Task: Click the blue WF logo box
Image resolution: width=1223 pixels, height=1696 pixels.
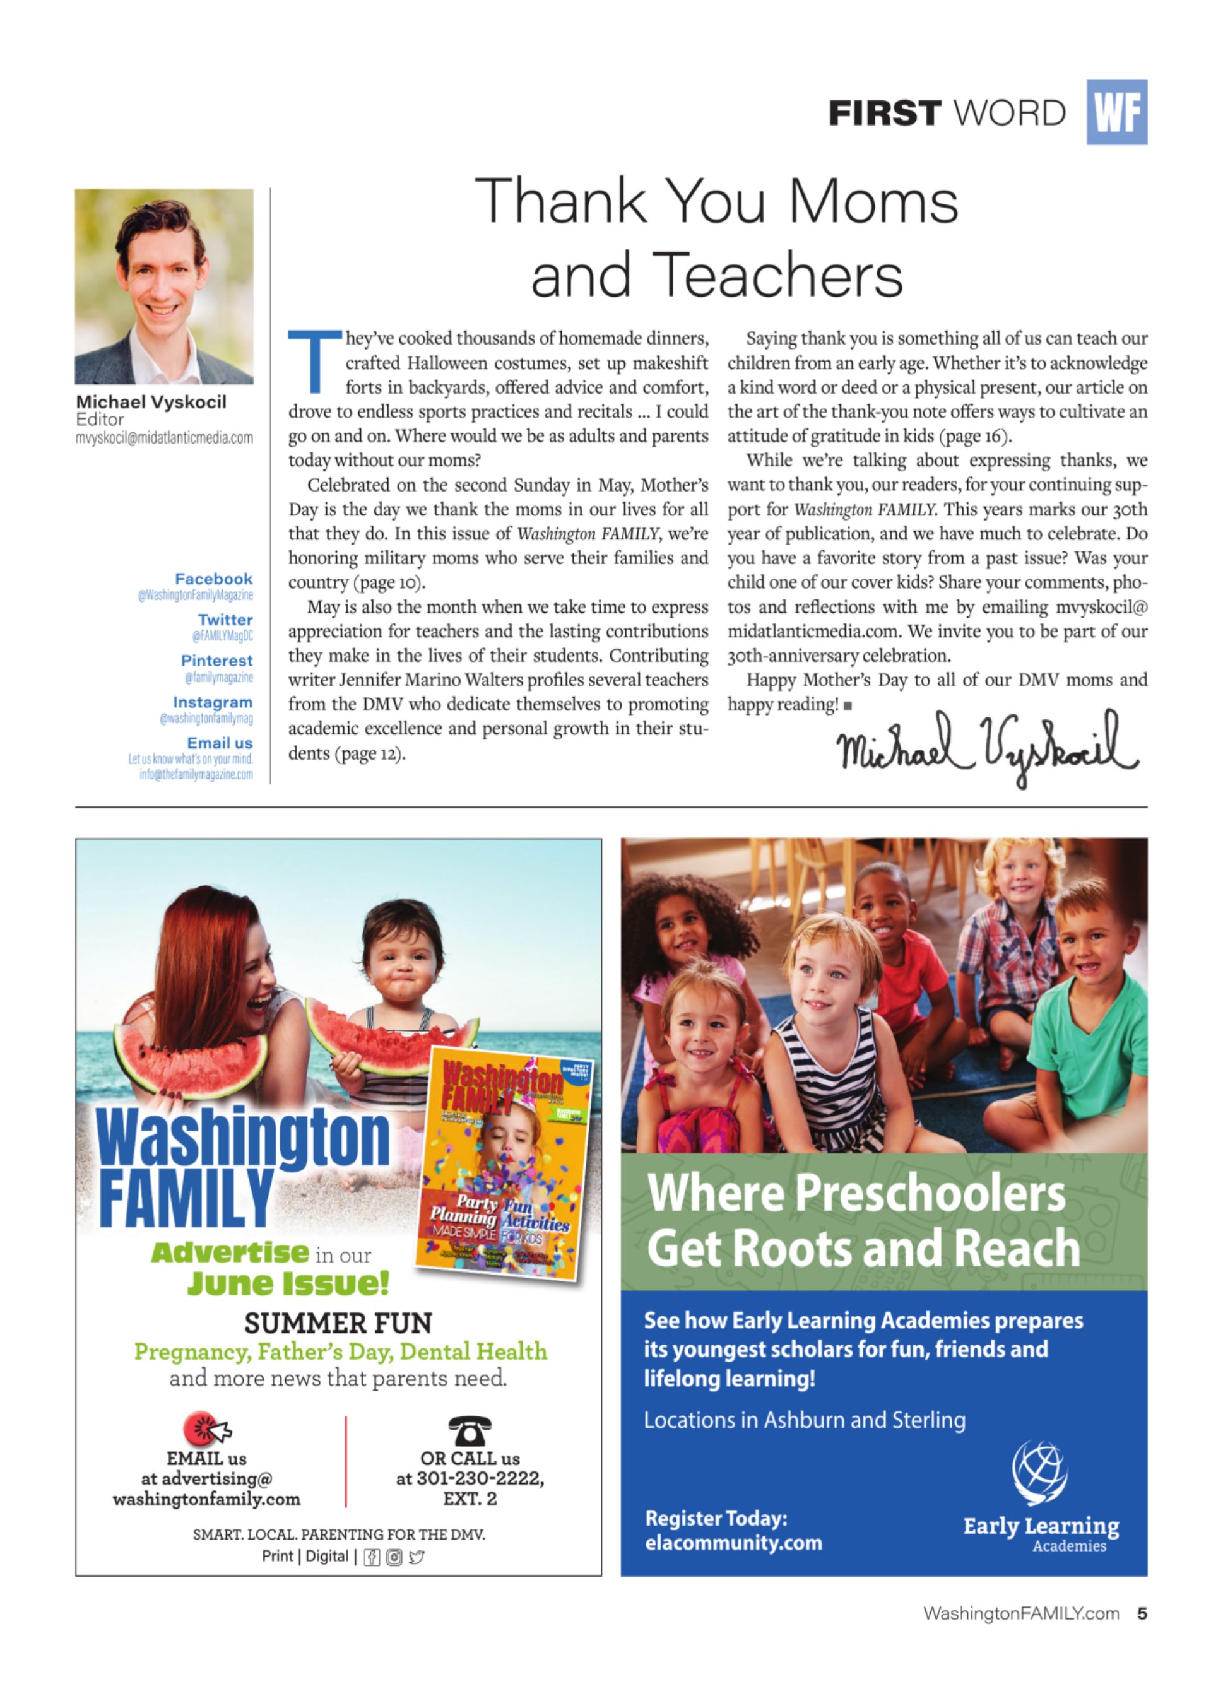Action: [x=1115, y=112]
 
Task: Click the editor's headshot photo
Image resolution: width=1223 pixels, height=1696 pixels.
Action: [x=164, y=286]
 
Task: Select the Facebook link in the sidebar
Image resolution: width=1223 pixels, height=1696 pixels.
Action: [x=213, y=579]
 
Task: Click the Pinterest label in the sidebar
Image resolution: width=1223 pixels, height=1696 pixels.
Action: [x=216, y=661]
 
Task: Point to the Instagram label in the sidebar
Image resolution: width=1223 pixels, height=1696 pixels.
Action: [x=213, y=702]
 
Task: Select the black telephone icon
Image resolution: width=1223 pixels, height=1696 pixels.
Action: [x=469, y=1430]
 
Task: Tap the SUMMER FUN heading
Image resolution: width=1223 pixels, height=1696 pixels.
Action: [x=338, y=1324]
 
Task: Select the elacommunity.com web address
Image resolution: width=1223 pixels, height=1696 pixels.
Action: [x=733, y=1543]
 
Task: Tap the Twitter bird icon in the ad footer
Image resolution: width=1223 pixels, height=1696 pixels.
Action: [x=417, y=1557]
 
